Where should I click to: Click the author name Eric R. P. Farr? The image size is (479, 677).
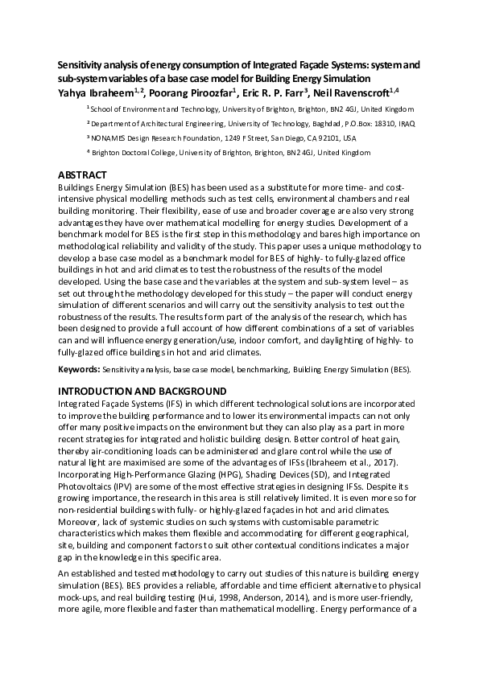tap(268, 92)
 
